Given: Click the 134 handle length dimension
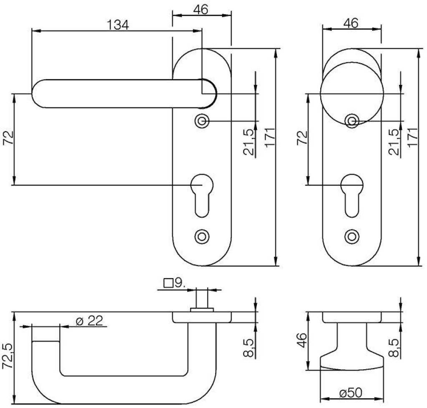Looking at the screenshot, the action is click(x=118, y=25).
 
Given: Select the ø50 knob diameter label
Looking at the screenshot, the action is click(x=351, y=393).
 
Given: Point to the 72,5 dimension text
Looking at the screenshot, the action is click(x=8, y=356).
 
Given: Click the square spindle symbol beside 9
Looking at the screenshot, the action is click(x=168, y=283).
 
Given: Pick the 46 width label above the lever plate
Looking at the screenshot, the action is click(x=201, y=10).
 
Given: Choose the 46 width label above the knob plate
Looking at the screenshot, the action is click(x=351, y=23).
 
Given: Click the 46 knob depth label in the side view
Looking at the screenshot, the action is click(x=302, y=340).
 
